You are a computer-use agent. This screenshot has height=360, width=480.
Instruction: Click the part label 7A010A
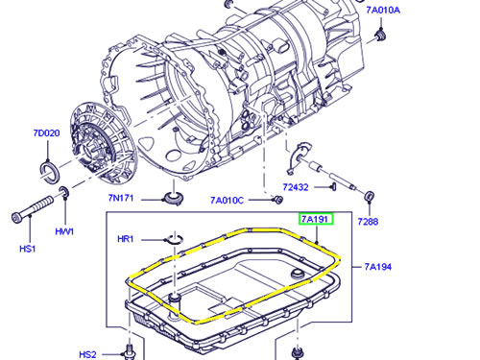(383, 11)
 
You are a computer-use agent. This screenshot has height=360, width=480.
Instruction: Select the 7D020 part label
(46, 132)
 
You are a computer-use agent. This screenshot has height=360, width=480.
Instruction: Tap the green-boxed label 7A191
(316, 219)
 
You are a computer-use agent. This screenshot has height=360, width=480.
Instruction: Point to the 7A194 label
(378, 267)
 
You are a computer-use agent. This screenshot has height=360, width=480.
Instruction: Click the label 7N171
(121, 198)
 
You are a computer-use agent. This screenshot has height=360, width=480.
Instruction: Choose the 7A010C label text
(227, 201)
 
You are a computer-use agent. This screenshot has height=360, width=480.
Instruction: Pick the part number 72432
(296, 187)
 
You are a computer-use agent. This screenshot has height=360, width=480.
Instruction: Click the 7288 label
(368, 222)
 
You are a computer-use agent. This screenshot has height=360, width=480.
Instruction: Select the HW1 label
(64, 231)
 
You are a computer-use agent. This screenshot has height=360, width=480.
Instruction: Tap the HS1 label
(28, 249)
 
